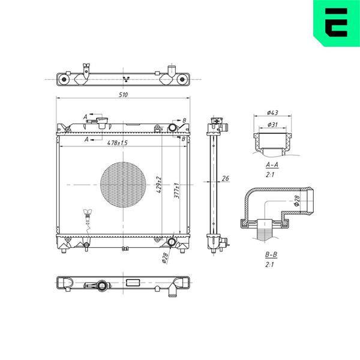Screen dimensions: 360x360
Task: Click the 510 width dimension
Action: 123,95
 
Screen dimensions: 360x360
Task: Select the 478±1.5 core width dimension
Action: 118,143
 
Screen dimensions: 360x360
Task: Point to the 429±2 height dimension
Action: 159,185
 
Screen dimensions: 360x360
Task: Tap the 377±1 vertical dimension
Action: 176,191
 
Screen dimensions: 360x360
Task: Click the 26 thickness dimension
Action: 226,178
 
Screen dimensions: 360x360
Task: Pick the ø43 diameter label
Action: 272,113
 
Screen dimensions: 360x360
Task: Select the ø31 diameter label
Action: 272,124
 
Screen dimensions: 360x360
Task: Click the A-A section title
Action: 272,164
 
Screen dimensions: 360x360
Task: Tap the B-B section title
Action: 271,254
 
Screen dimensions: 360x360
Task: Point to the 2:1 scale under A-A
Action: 270,175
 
